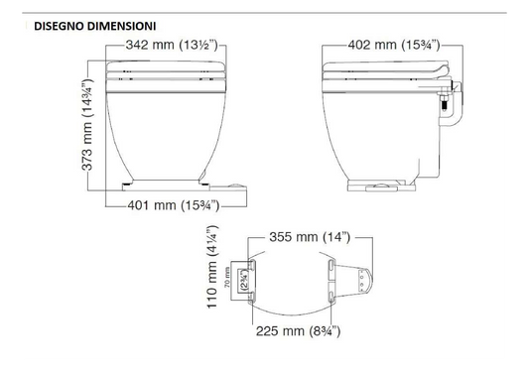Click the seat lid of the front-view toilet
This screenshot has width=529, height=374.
(163, 69)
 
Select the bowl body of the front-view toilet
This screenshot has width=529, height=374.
(163, 129)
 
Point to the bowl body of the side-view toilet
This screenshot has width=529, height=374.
(382, 129)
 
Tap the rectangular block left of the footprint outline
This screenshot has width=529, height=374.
(239, 281)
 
